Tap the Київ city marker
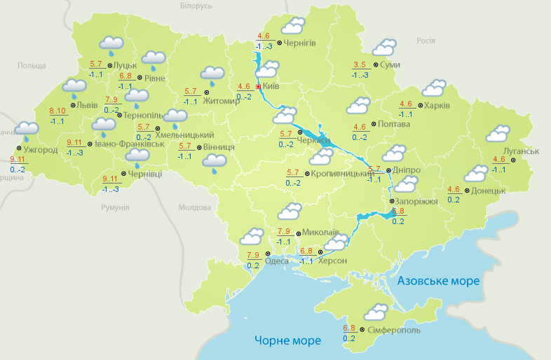click(x=259, y=87)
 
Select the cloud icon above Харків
click(x=433, y=88)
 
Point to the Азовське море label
click(x=438, y=281)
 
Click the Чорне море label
click(x=287, y=341)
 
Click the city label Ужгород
click(x=40, y=150)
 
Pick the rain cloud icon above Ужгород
click(x=27, y=130)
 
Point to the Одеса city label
click(x=277, y=261)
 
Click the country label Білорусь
click(x=196, y=6)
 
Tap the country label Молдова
click(x=195, y=208)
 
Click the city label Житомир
click(x=221, y=100)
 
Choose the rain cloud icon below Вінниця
click(x=215, y=164)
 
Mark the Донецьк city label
click(x=488, y=190)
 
